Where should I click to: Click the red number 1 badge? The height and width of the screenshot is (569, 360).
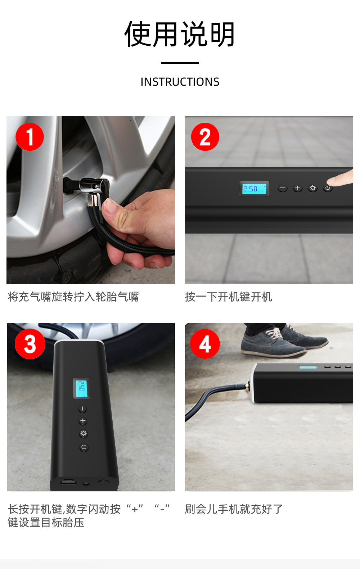tap(30, 137)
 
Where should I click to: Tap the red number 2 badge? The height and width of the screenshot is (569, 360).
tap(205, 137)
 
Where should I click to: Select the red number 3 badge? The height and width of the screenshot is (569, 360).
tap(30, 344)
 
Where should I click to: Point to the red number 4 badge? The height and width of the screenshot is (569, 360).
tap(205, 344)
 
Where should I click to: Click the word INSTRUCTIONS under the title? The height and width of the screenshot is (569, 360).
tap(180, 82)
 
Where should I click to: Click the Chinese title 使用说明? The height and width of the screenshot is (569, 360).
tap(180, 34)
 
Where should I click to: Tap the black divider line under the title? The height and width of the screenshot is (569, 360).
tap(180, 63)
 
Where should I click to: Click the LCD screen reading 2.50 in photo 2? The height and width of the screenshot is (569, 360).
tap(254, 189)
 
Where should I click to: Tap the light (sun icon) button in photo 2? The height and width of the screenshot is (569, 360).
tap(312, 188)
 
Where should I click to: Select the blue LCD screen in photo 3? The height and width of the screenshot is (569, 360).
tap(82, 388)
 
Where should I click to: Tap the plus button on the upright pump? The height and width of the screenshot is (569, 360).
tap(82, 421)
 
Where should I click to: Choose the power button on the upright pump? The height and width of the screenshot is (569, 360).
tap(84, 447)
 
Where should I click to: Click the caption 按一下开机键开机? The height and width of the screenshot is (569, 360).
tap(228, 297)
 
